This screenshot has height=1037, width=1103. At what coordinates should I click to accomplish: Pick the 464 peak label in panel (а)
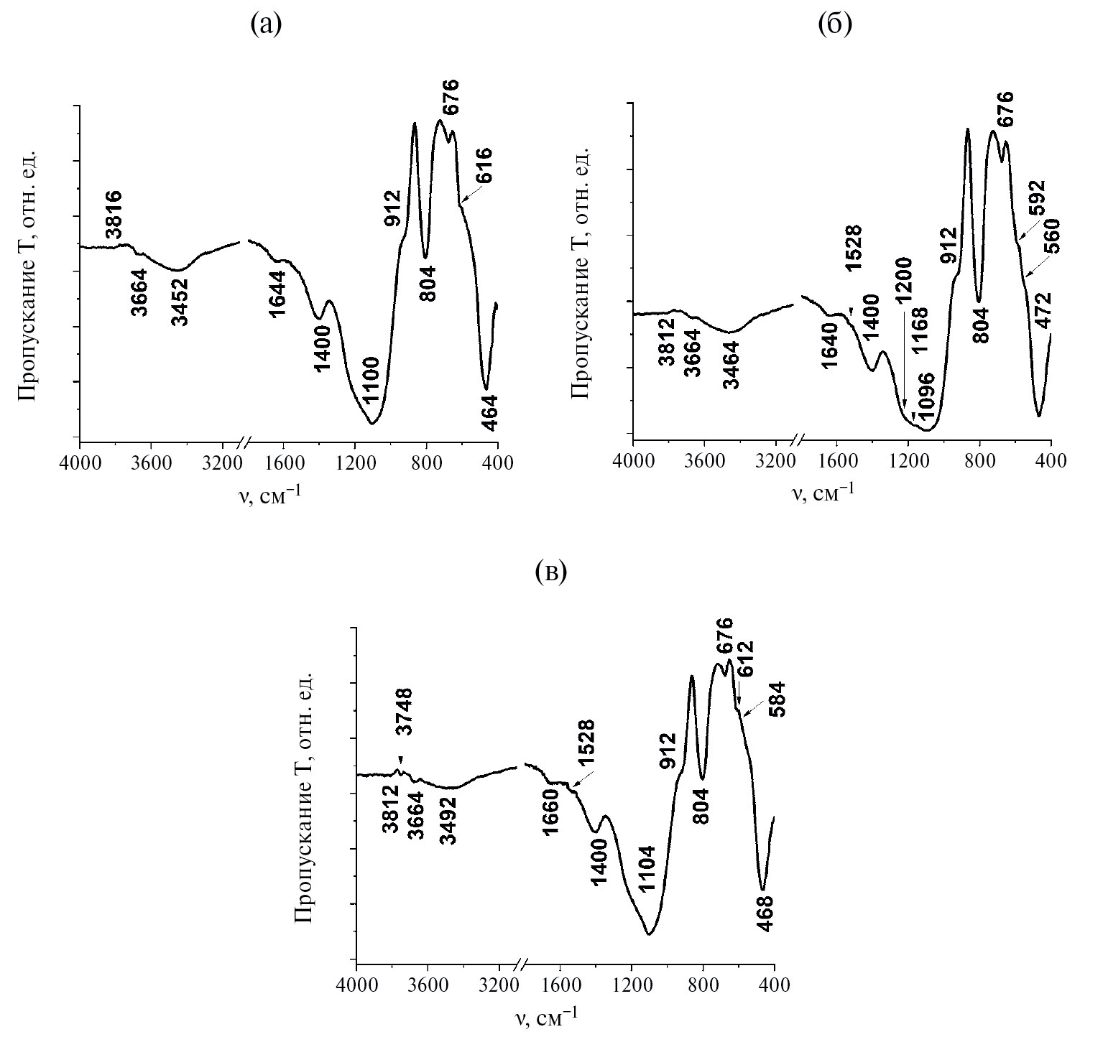click(490, 413)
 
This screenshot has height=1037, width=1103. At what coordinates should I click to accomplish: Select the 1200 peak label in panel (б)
click(903, 280)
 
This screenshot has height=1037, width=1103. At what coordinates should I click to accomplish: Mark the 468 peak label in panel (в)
click(766, 913)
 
